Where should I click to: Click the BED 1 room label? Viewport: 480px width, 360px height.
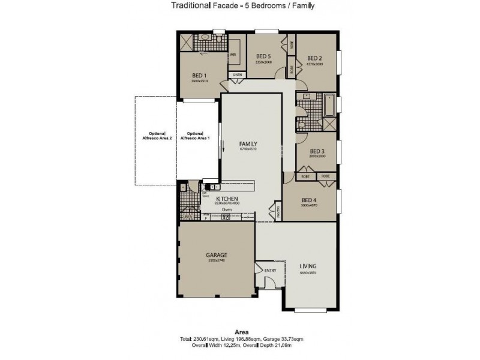click(x=199, y=75)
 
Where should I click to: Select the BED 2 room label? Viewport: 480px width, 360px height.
click(x=315, y=58)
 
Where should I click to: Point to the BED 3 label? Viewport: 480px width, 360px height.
click(x=317, y=151)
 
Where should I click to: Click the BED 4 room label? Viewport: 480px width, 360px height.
click(x=308, y=200)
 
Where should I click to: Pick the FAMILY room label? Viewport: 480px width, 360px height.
click(x=248, y=143)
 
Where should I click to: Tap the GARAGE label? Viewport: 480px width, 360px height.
click(x=217, y=254)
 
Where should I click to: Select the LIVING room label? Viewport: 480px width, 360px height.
click(x=308, y=266)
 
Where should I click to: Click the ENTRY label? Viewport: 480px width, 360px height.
click(x=270, y=271)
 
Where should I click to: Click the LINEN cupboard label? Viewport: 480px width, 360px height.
click(x=237, y=74)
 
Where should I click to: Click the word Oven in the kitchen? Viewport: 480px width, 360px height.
click(x=227, y=210)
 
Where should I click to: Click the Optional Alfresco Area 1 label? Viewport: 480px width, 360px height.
click(x=199, y=136)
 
